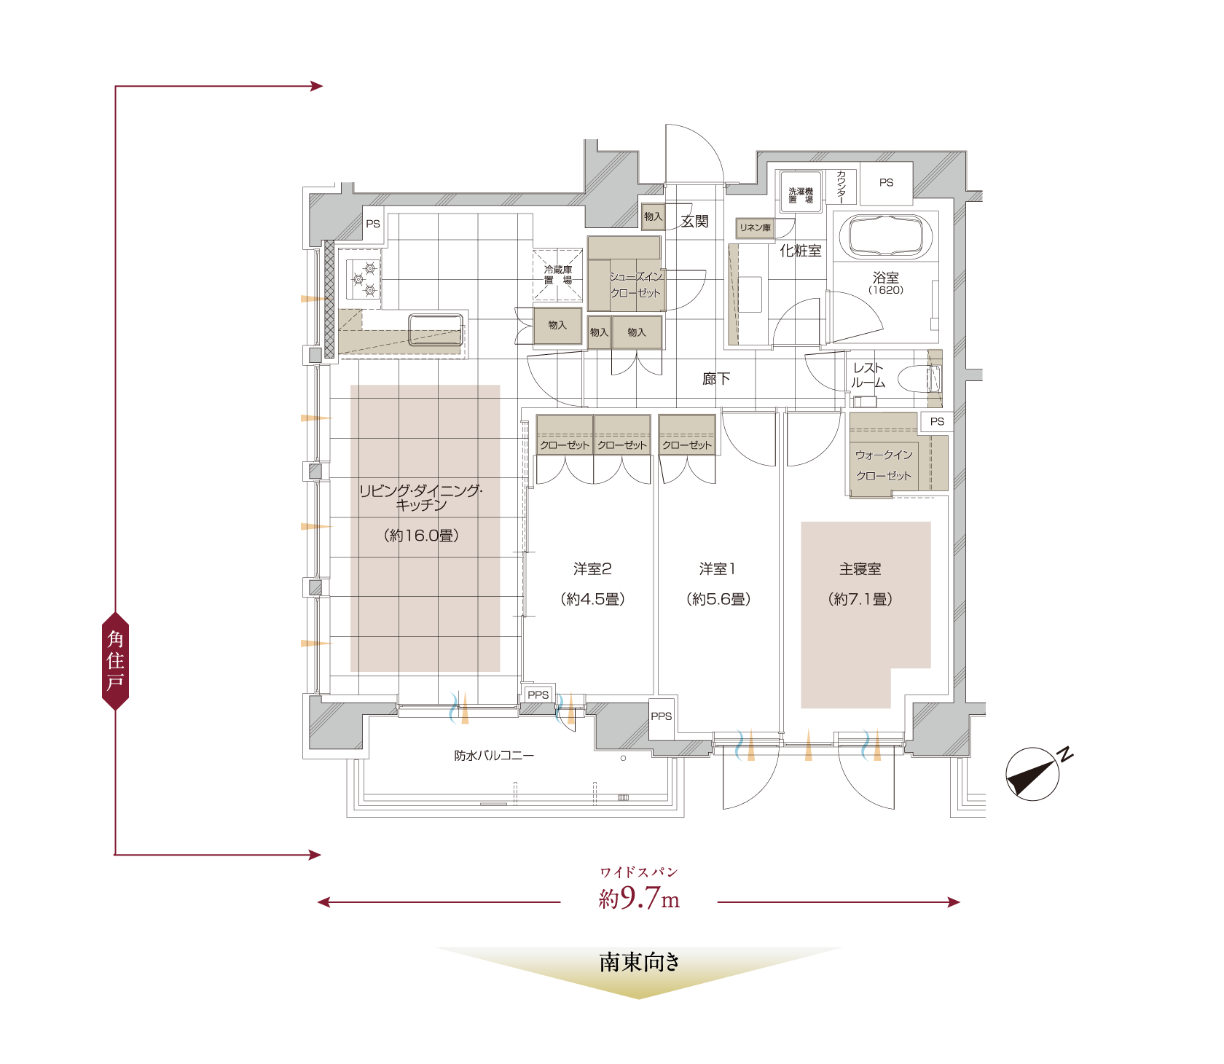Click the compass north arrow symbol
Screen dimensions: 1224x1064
coord(1032,774)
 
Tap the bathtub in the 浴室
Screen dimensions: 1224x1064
coord(886,236)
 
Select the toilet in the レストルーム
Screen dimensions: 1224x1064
coord(919,380)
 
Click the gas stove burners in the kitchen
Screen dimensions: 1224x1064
coord(364,279)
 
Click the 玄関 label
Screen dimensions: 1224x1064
coord(694,222)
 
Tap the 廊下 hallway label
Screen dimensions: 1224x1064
coord(716,379)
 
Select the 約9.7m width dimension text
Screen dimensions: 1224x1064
coord(639,899)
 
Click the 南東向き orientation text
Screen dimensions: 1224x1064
coord(639,962)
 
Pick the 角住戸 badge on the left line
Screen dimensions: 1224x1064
coord(115,661)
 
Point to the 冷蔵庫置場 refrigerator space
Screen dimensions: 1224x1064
coord(558,275)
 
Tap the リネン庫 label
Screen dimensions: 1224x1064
coord(755,228)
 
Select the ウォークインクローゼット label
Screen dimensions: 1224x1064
coord(884,465)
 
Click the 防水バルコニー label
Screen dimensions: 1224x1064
coord(494,756)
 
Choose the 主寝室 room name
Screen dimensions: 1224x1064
coord(860,569)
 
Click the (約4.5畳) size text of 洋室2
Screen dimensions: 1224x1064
coord(592,599)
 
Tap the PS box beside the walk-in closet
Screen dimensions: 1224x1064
coord(937,421)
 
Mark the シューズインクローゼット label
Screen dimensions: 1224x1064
coord(635,285)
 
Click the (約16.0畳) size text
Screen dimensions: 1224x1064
coord(421,536)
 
